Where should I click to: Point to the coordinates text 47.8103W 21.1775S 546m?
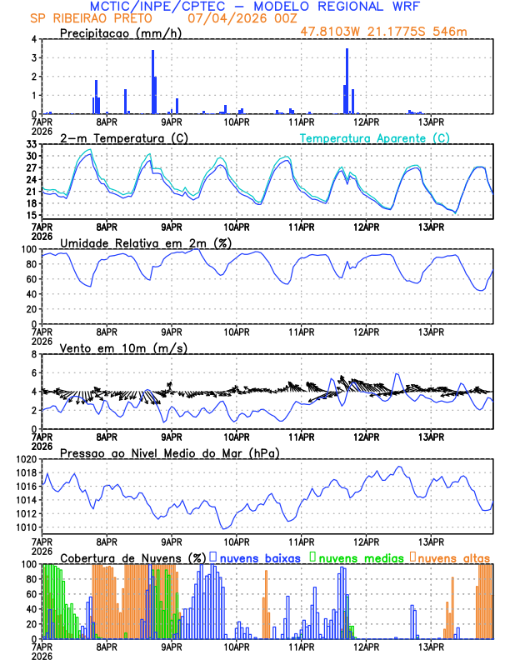(x=395, y=32)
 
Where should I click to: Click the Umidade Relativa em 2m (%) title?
(x=146, y=242)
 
